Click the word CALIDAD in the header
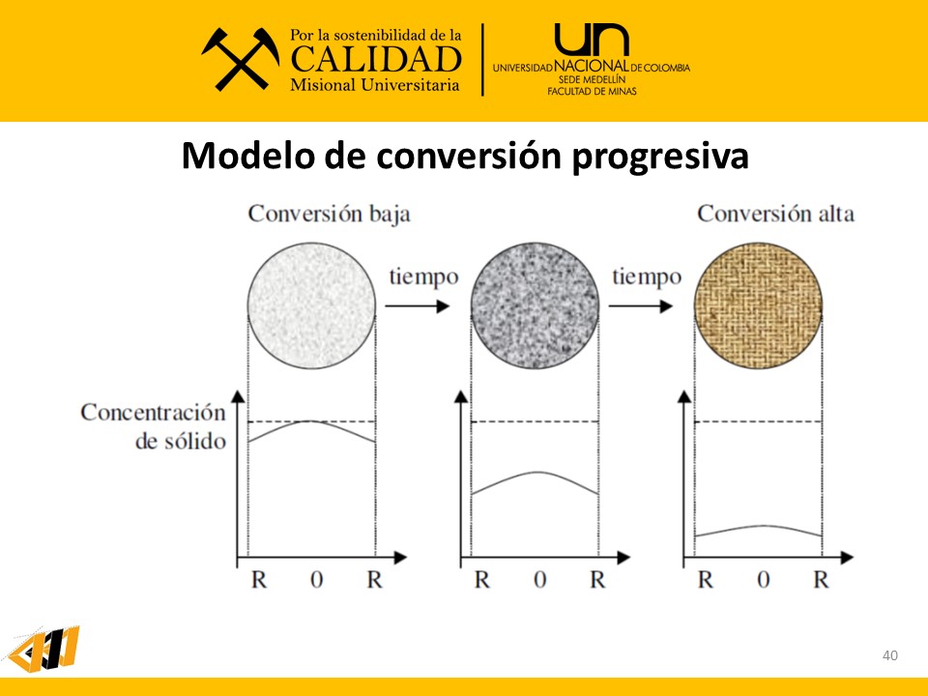376,59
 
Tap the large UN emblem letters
591,41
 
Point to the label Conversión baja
329,213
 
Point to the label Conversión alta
776,213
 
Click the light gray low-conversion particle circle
311,305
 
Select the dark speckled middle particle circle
536,305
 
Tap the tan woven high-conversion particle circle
759,305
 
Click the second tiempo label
646,277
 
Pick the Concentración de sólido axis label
153,426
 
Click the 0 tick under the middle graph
539,580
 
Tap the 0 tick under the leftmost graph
316,580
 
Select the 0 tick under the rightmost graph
764,580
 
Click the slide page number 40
890,656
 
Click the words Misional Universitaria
375,86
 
